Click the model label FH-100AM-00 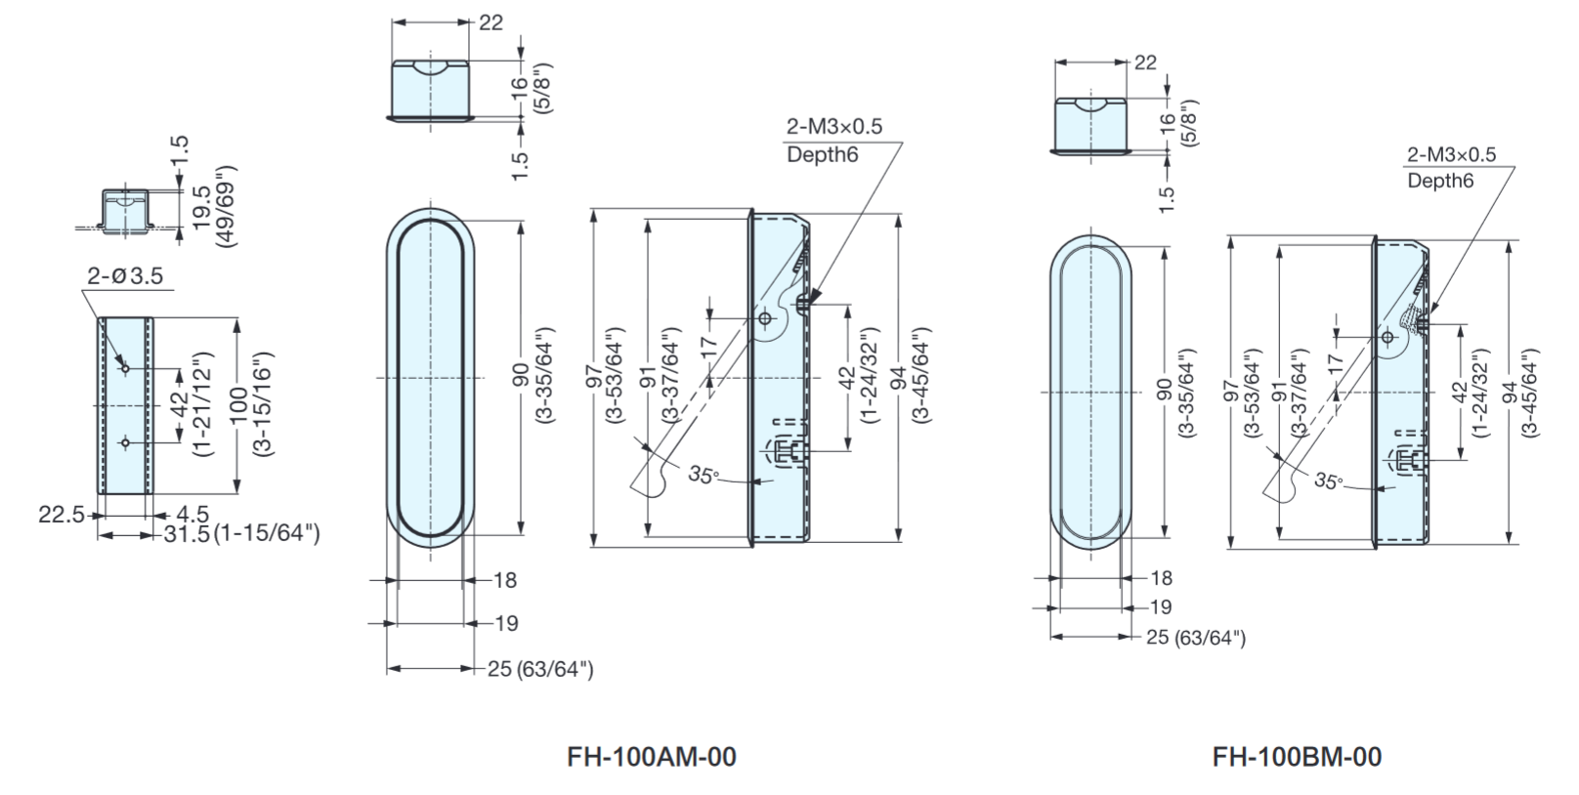[x=651, y=757]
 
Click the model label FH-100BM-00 [x=1297, y=757]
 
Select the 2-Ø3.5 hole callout [x=124, y=276]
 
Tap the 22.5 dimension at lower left [x=61, y=515]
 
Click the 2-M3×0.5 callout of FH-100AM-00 [x=833, y=127]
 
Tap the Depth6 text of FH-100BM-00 [x=1439, y=181]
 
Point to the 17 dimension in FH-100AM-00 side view [x=710, y=345]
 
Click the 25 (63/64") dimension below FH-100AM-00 [x=540, y=669]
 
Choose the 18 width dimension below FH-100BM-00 [x=1161, y=578]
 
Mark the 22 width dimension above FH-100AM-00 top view [x=491, y=21]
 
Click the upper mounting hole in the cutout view [x=125, y=368]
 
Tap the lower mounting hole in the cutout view [x=125, y=442]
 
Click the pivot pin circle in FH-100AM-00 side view [x=766, y=317]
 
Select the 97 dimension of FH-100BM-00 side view [x=1232, y=391]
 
